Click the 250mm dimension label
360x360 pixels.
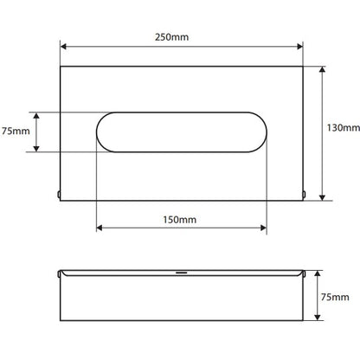pyautogui.click(x=171, y=37)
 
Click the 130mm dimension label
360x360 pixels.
pyautogui.click(x=344, y=127)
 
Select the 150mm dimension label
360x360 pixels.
pyautogui.click(x=180, y=220)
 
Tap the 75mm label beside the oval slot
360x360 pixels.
pyautogui.click(x=16, y=131)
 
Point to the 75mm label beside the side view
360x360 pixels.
pyautogui.click(x=335, y=297)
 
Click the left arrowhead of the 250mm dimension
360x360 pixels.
pyautogui.click(x=63, y=47)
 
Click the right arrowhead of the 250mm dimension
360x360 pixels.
pyautogui.click(x=299, y=47)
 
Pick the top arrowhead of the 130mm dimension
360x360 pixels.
pyautogui.click(x=323, y=69)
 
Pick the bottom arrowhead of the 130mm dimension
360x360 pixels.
pyautogui.click(x=323, y=197)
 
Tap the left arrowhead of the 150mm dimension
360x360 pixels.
pyautogui.click(x=100, y=228)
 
